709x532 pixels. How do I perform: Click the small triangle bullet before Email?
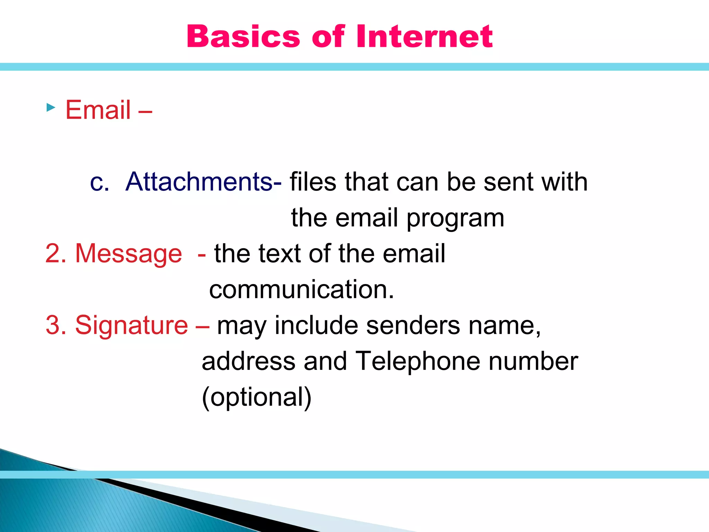tap(51, 107)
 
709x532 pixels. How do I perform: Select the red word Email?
tap(98, 110)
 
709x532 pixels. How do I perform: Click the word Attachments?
tap(199, 181)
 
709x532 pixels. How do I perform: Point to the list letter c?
tap(99, 182)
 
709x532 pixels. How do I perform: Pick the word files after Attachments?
tap(313, 181)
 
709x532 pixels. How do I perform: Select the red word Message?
tap(128, 254)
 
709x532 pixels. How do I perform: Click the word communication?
tap(302, 290)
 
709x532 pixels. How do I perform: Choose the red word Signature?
tap(132, 326)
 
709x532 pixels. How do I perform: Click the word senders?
tap(413, 326)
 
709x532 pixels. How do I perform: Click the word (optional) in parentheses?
tap(257, 397)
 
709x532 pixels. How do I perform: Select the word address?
tap(249, 361)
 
